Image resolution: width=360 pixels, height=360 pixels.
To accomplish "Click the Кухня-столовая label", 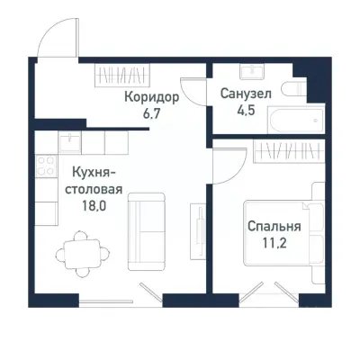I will [x=93, y=177].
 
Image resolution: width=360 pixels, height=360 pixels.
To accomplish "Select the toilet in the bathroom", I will [x=292, y=89].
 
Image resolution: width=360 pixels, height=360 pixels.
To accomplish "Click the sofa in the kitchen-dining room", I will [x=145, y=233].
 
